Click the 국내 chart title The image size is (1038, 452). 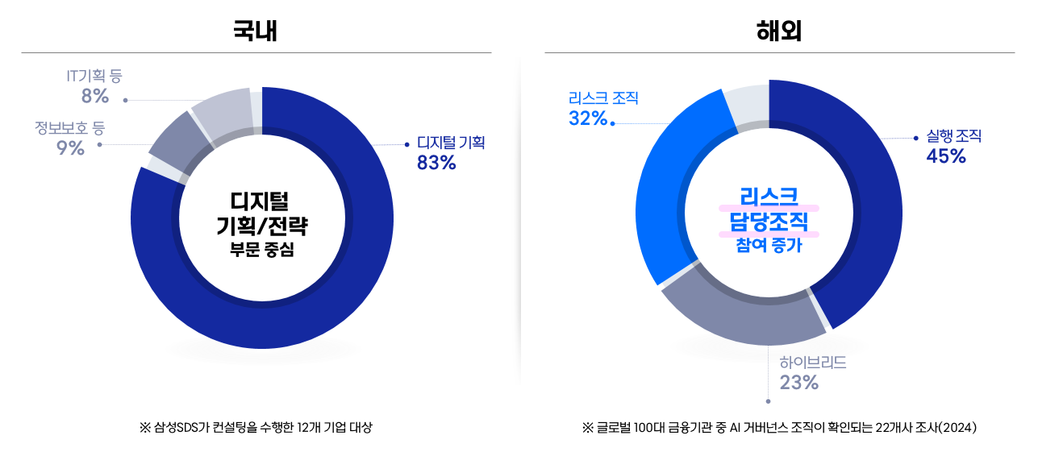click(x=256, y=31)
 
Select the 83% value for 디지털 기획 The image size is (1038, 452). click(x=436, y=163)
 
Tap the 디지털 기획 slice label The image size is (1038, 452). click(x=450, y=143)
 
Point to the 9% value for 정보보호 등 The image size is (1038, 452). click(x=71, y=147)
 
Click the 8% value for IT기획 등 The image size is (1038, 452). click(x=94, y=96)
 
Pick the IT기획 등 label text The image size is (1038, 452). click(x=94, y=77)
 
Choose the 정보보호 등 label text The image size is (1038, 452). click(x=70, y=127)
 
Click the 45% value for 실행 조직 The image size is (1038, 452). click(x=946, y=156)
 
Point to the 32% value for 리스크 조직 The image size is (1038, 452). click(x=588, y=118)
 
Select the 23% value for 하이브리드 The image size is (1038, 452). click(x=799, y=382)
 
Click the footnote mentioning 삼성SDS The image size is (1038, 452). click(x=256, y=427)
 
